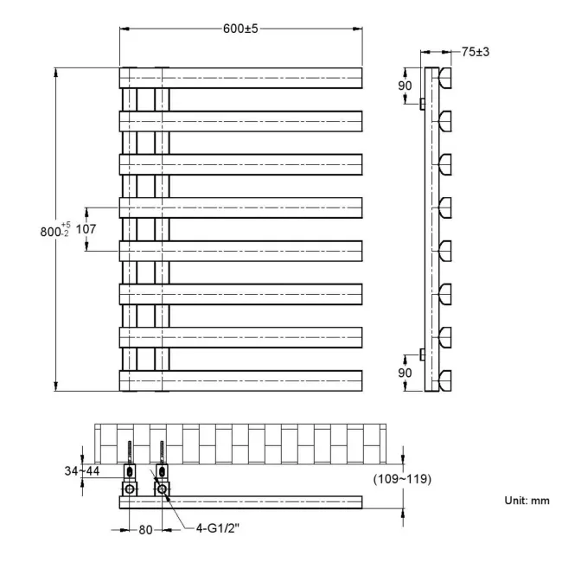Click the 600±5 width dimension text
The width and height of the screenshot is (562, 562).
(x=240, y=28)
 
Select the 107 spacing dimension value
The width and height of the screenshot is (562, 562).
(x=86, y=229)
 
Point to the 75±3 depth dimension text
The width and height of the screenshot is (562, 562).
(x=476, y=52)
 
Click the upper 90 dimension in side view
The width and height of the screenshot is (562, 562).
(x=405, y=86)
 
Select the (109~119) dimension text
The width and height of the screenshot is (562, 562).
(x=403, y=478)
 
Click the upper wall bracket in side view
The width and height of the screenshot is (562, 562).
(x=421, y=104)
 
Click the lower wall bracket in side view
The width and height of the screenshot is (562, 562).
(x=421, y=354)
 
